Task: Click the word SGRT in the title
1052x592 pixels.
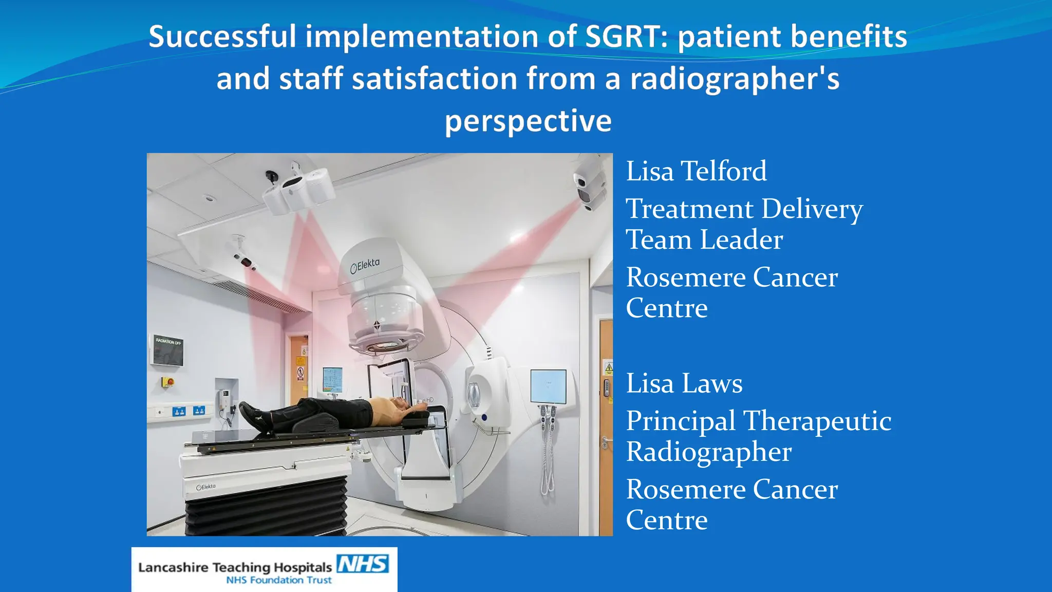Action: tap(626, 37)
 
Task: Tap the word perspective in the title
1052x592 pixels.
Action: tap(528, 121)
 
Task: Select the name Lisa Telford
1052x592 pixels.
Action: tap(696, 171)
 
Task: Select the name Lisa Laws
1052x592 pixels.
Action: tap(684, 383)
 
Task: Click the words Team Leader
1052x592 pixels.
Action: tap(704, 240)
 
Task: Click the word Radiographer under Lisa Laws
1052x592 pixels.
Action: tap(708, 452)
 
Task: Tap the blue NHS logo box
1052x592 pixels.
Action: tap(363, 564)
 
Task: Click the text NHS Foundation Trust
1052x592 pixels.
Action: tap(279, 580)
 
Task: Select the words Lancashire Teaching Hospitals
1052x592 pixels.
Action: tap(235, 567)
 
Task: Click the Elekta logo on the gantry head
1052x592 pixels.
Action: tap(365, 266)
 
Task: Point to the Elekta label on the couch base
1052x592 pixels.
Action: tap(206, 487)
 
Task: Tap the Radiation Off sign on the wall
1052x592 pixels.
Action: tap(167, 350)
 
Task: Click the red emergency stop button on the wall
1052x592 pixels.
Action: tap(167, 382)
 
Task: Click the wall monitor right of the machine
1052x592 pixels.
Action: tap(548, 386)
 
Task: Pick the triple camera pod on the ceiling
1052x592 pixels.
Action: tap(297, 191)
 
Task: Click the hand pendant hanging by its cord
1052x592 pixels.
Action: tap(547, 447)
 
